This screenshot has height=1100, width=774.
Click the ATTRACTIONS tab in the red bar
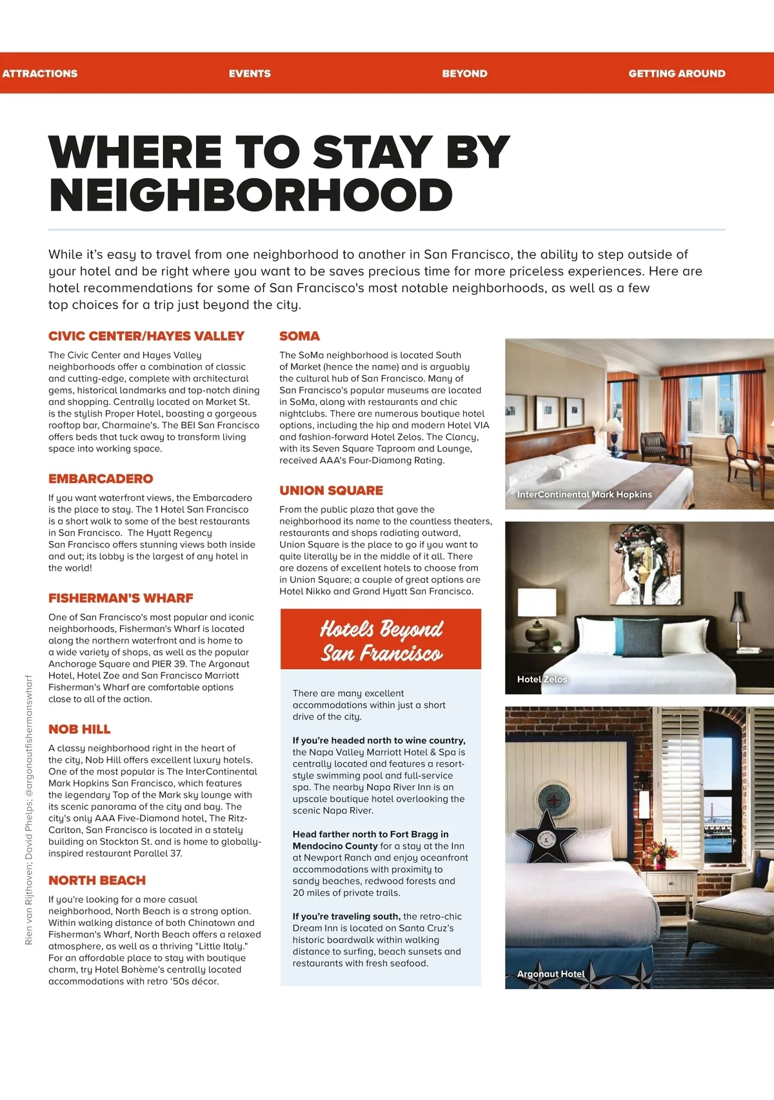[x=40, y=74]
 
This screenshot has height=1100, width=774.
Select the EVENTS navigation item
[x=250, y=74]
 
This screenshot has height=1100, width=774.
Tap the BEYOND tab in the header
[x=464, y=74]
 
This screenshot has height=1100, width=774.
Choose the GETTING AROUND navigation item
[x=677, y=74]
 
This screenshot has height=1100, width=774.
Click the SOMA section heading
[x=299, y=336]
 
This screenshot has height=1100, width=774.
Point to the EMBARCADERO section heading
[x=101, y=478]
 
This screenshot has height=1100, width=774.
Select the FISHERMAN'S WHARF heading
[x=121, y=598]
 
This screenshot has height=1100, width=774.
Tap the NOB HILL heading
[x=79, y=729]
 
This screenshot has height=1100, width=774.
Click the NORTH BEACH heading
[x=97, y=880]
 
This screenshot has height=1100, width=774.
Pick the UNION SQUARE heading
[x=331, y=490]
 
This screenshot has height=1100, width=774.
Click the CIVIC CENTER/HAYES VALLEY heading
[x=146, y=336]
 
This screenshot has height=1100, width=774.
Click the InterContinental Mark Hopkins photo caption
[x=584, y=495]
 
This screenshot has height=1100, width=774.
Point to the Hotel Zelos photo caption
[x=542, y=679]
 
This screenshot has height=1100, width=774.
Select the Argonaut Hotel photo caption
[x=551, y=974]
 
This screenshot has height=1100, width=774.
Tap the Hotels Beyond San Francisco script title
[x=381, y=640]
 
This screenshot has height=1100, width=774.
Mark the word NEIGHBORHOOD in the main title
[x=251, y=195]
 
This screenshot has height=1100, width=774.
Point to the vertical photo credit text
[x=28, y=809]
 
